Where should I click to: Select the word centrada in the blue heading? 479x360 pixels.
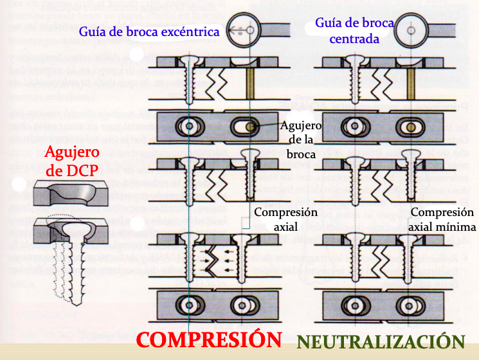[354, 39]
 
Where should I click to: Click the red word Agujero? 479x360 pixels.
[71, 153]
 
